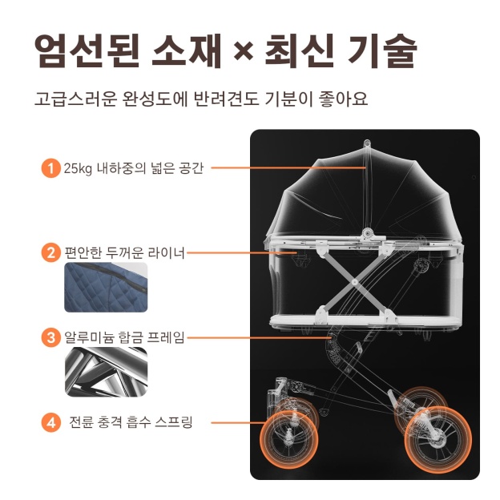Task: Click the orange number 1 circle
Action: pos(50,169)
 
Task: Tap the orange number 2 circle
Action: pos(50,253)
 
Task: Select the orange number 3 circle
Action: pos(50,337)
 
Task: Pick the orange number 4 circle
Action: pos(50,421)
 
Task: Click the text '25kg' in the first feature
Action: pos(79,169)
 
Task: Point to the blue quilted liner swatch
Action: pos(106,288)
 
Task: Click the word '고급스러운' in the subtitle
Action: pos(75,100)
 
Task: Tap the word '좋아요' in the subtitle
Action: pos(345,100)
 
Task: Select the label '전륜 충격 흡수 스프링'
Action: pos(130,421)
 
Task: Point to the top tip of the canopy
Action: pos(366,144)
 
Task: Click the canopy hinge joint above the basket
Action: pos(369,233)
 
